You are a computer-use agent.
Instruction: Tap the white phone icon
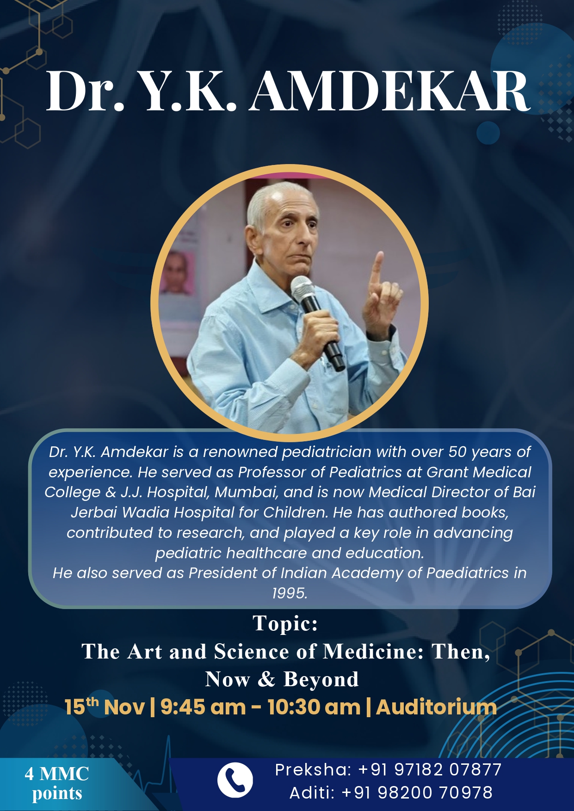click(x=235, y=780)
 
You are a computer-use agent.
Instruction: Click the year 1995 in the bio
click(x=290, y=593)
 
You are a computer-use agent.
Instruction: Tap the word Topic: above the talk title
click(x=285, y=623)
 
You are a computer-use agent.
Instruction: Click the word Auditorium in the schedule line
click(x=436, y=707)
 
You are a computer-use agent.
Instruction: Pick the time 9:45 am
click(x=203, y=707)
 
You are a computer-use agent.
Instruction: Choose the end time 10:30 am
click(x=314, y=707)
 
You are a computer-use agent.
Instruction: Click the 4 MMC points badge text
click(x=57, y=783)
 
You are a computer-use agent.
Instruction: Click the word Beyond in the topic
click(x=321, y=680)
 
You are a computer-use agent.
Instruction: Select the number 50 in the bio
click(x=458, y=452)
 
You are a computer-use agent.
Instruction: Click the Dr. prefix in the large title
click(x=85, y=91)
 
